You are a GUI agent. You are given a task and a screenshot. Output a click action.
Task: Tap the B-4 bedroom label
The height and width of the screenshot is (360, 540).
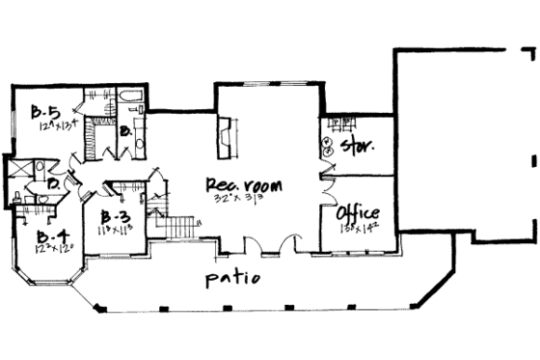coord(45,235)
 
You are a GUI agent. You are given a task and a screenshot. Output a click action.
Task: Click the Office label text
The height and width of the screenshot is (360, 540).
coord(357,213)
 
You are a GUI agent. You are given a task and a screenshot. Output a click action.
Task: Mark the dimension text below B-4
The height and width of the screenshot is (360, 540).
coord(47,248)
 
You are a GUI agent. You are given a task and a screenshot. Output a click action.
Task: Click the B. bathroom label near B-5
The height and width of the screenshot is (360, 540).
coord(125,130)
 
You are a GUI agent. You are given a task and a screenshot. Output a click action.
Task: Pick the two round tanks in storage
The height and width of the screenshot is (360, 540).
coord(329,144)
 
